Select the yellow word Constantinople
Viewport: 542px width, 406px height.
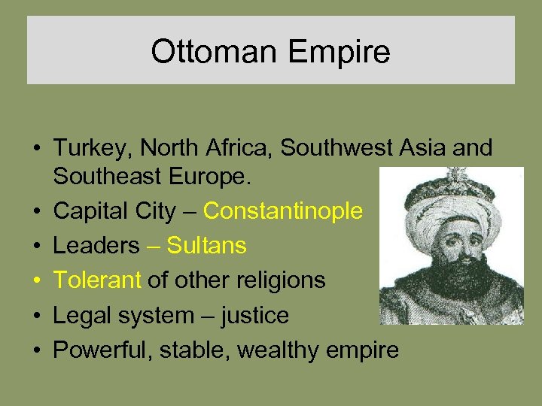[x=283, y=211]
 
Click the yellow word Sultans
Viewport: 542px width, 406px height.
[x=206, y=246]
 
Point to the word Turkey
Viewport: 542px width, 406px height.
[x=88, y=148]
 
